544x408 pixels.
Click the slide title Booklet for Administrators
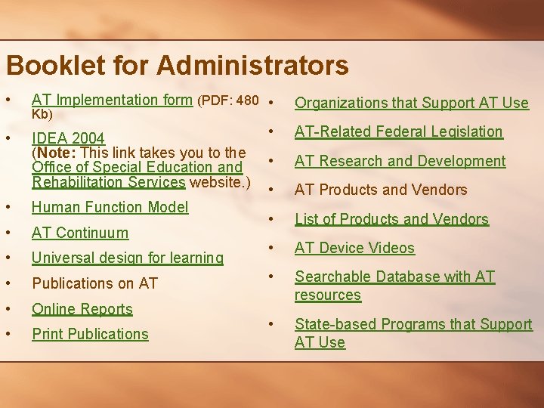pyautogui.click(x=177, y=65)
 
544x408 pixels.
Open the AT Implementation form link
pyautogui.click(x=112, y=100)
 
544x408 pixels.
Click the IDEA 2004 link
pyautogui.click(x=68, y=139)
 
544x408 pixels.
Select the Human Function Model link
pyautogui.click(x=110, y=207)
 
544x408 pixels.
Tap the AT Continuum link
pyautogui.click(x=80, y=233)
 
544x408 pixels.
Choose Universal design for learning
pyautogui.click(x=128, y=258)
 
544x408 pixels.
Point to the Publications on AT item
pyautogui.click(x=94, y=283)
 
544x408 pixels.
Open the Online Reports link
pyautogui.click(x=82, y=309)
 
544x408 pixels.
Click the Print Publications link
pyautogui.click(x=90, y=334)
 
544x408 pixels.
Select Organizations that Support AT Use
pyautogui.click(x=411, y=103)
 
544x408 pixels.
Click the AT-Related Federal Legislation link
pyautogui.click(x=398, y=131)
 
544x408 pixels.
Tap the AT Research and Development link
pyautogui.click(x=400, y=161)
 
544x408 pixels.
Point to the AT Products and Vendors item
pyautogui.click(x=381, y=190)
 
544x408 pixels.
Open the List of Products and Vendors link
pyautogui.click(x=391, y=219)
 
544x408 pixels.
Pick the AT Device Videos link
pyautogui.click(x=354, y=248)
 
